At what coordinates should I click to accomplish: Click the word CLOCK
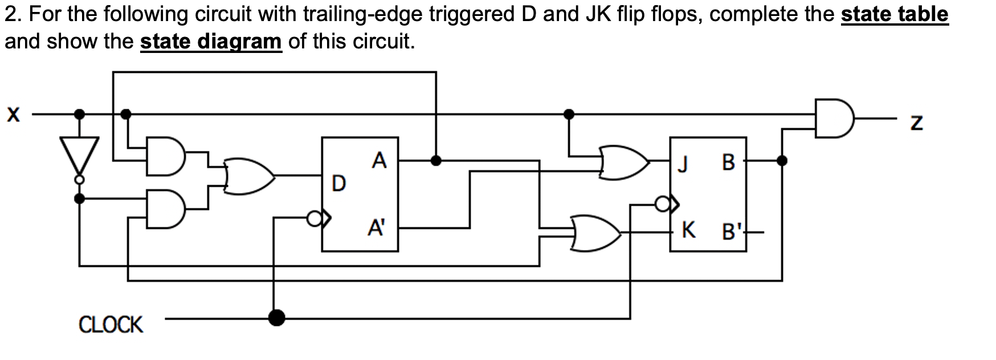[111, 325]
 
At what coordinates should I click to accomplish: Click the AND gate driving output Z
[834, 119]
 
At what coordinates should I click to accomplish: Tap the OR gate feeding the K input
[595, 232]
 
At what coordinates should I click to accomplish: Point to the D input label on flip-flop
[338, 183]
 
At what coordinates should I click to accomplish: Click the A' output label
[376, 228]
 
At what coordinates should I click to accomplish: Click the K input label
[688, 230]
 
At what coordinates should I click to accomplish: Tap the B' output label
[733, 232]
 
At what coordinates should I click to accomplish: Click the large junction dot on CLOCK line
[276, 317]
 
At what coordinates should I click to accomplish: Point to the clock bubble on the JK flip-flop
[662, 203]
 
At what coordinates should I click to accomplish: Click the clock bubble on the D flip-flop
[313, 218]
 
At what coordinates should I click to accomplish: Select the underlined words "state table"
[894, 14]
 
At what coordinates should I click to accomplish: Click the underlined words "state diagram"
[211, 41]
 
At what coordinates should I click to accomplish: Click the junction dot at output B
[782, 161]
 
